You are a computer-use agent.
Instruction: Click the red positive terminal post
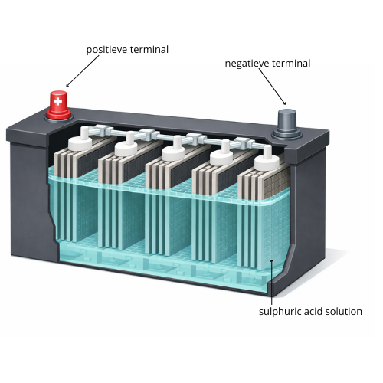coord(58,105)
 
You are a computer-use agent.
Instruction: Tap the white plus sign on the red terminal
coord(58,101)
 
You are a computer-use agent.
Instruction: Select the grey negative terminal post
coord(287,123)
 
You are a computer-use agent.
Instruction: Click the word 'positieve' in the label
coord(106,50)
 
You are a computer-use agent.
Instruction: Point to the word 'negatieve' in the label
coord(246,64)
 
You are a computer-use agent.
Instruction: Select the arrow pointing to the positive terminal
coord(82,71)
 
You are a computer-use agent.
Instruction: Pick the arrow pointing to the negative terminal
coord(272,87)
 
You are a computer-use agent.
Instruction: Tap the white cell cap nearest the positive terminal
coord(81,140)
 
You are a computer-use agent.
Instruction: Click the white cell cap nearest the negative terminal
coord(267,159)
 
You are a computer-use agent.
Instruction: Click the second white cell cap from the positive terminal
coord(128,146)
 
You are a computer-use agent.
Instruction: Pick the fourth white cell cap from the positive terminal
coord(221,155)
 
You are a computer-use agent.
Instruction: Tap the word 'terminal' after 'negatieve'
coord(290,64)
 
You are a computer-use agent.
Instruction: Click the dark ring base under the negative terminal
coord(287,136)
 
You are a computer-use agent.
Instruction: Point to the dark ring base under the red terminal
coord(58,118)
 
